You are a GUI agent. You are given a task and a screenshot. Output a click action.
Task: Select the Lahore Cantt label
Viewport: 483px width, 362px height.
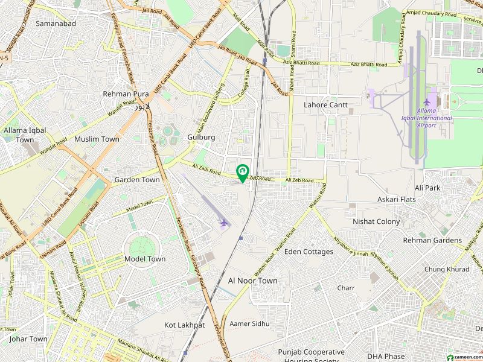click(325, 104)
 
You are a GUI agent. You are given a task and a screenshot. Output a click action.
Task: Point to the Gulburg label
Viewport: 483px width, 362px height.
click(201, 137)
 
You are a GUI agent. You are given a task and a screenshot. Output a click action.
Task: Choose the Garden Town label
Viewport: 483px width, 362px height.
click(137, 180)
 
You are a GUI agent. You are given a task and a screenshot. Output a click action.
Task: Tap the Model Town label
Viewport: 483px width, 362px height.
click(144, 259)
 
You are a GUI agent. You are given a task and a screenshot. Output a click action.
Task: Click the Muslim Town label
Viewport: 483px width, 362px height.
click(97, 139)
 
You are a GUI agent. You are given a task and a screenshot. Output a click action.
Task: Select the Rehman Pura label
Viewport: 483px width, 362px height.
click(126, 94)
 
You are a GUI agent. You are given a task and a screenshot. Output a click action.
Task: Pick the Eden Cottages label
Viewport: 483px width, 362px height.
click(309, 252)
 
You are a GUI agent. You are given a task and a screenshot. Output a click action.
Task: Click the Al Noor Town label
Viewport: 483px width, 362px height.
click(253, 281)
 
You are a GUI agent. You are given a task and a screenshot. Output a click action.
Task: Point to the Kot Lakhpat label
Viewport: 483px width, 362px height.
click(185, 325)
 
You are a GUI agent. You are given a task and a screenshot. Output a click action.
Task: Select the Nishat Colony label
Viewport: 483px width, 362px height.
click(376, 221)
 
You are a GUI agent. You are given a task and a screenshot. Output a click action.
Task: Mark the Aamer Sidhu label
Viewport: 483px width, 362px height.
click(249, 324)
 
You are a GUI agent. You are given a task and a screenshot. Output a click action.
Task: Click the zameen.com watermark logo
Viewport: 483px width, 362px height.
click(460, 357)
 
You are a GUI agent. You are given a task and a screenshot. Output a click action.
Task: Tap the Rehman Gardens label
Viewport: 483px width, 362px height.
click(432, 240)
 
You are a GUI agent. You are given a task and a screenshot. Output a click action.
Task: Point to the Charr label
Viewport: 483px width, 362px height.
click(346, 288)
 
